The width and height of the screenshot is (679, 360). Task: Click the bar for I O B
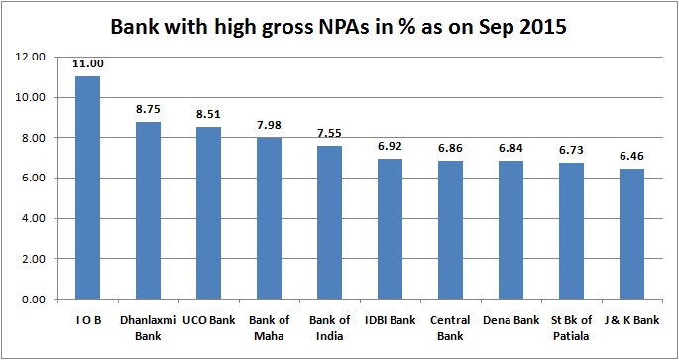[x=87, y=187]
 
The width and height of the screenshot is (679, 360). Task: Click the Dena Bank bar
[x=511, y=229]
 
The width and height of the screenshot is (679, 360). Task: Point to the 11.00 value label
[x=87, y=63]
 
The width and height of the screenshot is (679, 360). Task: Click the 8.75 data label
[x=148, y=109]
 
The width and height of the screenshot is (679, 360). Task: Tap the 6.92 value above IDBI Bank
[x=391, y=146]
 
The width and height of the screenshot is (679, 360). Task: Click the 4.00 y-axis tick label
[x=32, y=218]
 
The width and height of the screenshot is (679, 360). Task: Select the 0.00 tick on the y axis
[x=32, y=299]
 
